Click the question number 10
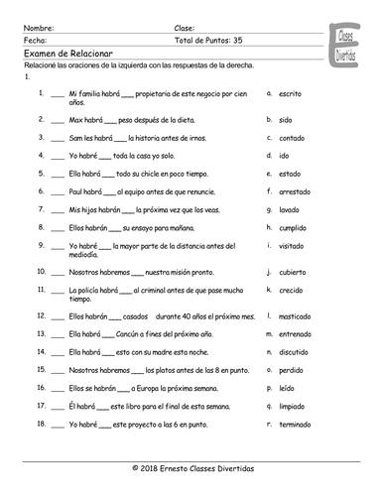coord(39,269)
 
